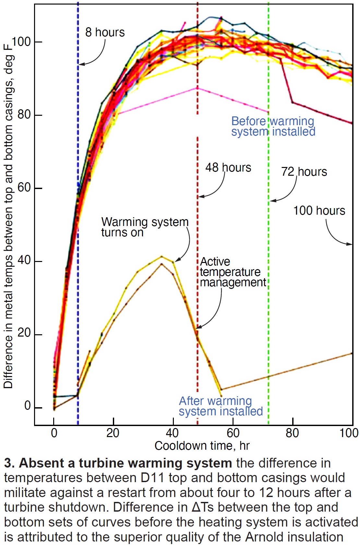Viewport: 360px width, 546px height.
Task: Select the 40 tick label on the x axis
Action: pos(172,433)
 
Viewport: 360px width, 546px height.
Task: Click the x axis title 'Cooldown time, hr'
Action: pos(202,446)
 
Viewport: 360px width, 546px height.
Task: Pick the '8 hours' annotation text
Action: pos(105,32)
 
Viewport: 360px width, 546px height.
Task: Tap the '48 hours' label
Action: pos(228,168)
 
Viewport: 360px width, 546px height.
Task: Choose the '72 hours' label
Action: pos(304,172)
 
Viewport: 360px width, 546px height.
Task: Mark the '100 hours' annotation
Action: pos(319,211)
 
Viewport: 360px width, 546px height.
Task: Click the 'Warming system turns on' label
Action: pos(145,227)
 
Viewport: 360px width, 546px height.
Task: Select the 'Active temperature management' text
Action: pos(233,272)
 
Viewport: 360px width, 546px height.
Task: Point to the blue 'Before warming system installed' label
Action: pos(273,126)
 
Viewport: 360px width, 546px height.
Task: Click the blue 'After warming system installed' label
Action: pos(221,406)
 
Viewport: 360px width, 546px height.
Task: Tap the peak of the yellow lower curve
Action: pos(162,256)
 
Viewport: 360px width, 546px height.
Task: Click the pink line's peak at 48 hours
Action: pos(197,88)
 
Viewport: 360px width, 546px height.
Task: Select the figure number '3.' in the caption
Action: pos(9,463)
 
